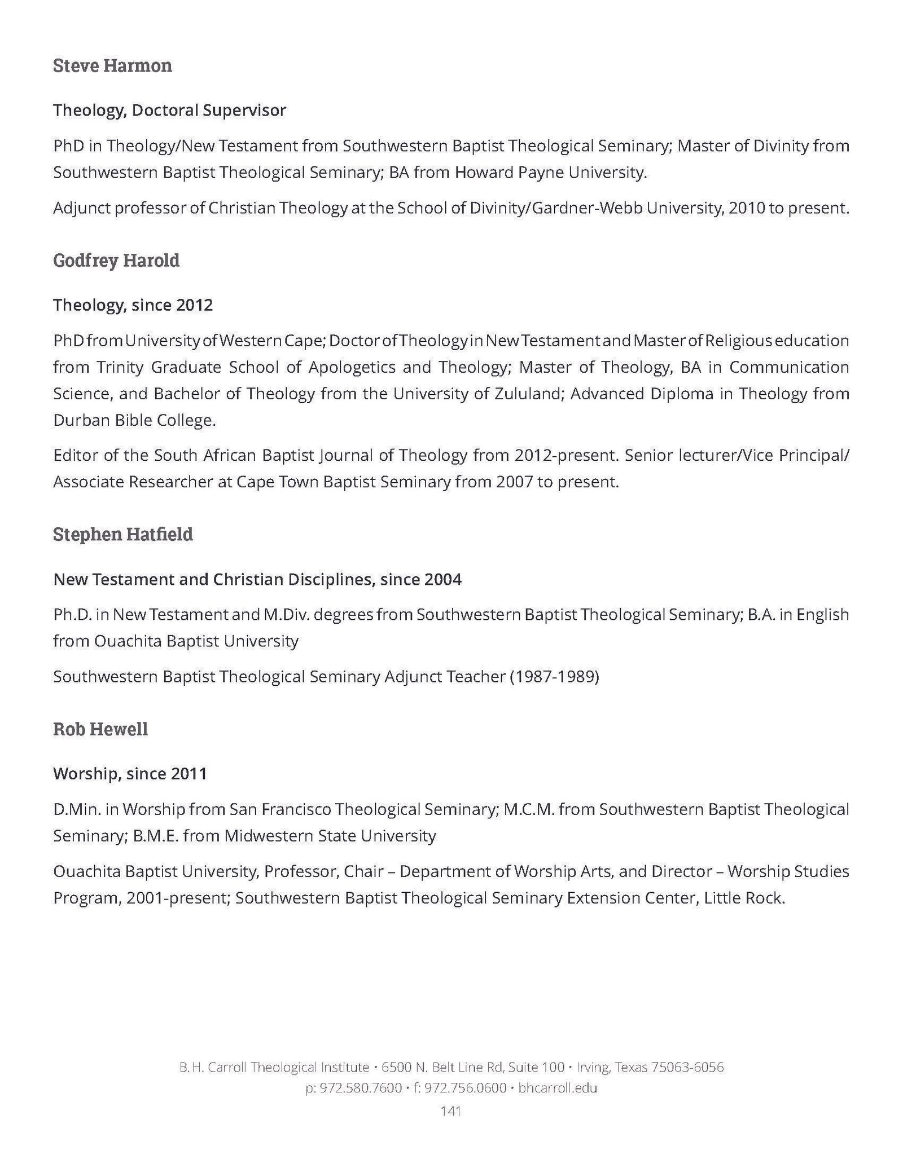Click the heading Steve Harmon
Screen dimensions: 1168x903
pos(112,66)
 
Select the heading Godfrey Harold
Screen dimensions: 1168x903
pos(116,261)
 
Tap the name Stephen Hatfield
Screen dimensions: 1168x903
pos(123,534)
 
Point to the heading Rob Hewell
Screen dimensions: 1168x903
pos(100,729)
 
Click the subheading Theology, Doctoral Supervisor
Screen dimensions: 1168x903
pos(169,111)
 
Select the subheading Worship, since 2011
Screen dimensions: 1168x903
pos(130,774)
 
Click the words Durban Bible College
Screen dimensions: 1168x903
pos(134,421)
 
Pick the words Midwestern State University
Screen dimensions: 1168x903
pos(330,836)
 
